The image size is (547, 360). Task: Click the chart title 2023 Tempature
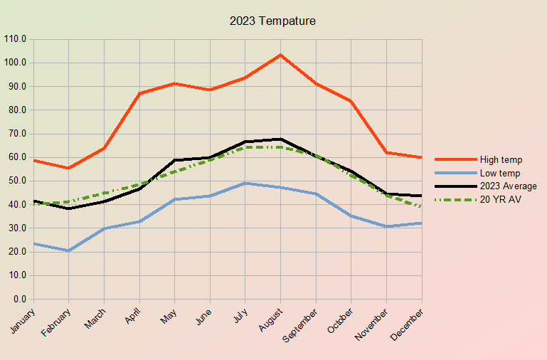(x=272, y=21)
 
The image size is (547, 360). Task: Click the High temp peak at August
(x=280, y=55)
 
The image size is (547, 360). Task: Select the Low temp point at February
(x=69, y=250)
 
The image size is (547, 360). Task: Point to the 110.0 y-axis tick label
(x=15, y=39)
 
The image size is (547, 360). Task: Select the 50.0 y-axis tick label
(x=17, y=181)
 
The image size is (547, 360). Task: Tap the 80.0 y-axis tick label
(x=17, y=110)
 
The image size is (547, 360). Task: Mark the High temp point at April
(x=139, y=93)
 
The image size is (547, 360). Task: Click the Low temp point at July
(x=245, y=183)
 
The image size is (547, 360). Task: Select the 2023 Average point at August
(x=280, y=139)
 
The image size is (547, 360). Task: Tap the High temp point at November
(x=386, y=152)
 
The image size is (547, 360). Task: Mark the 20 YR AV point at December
(x=422, y=206)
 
